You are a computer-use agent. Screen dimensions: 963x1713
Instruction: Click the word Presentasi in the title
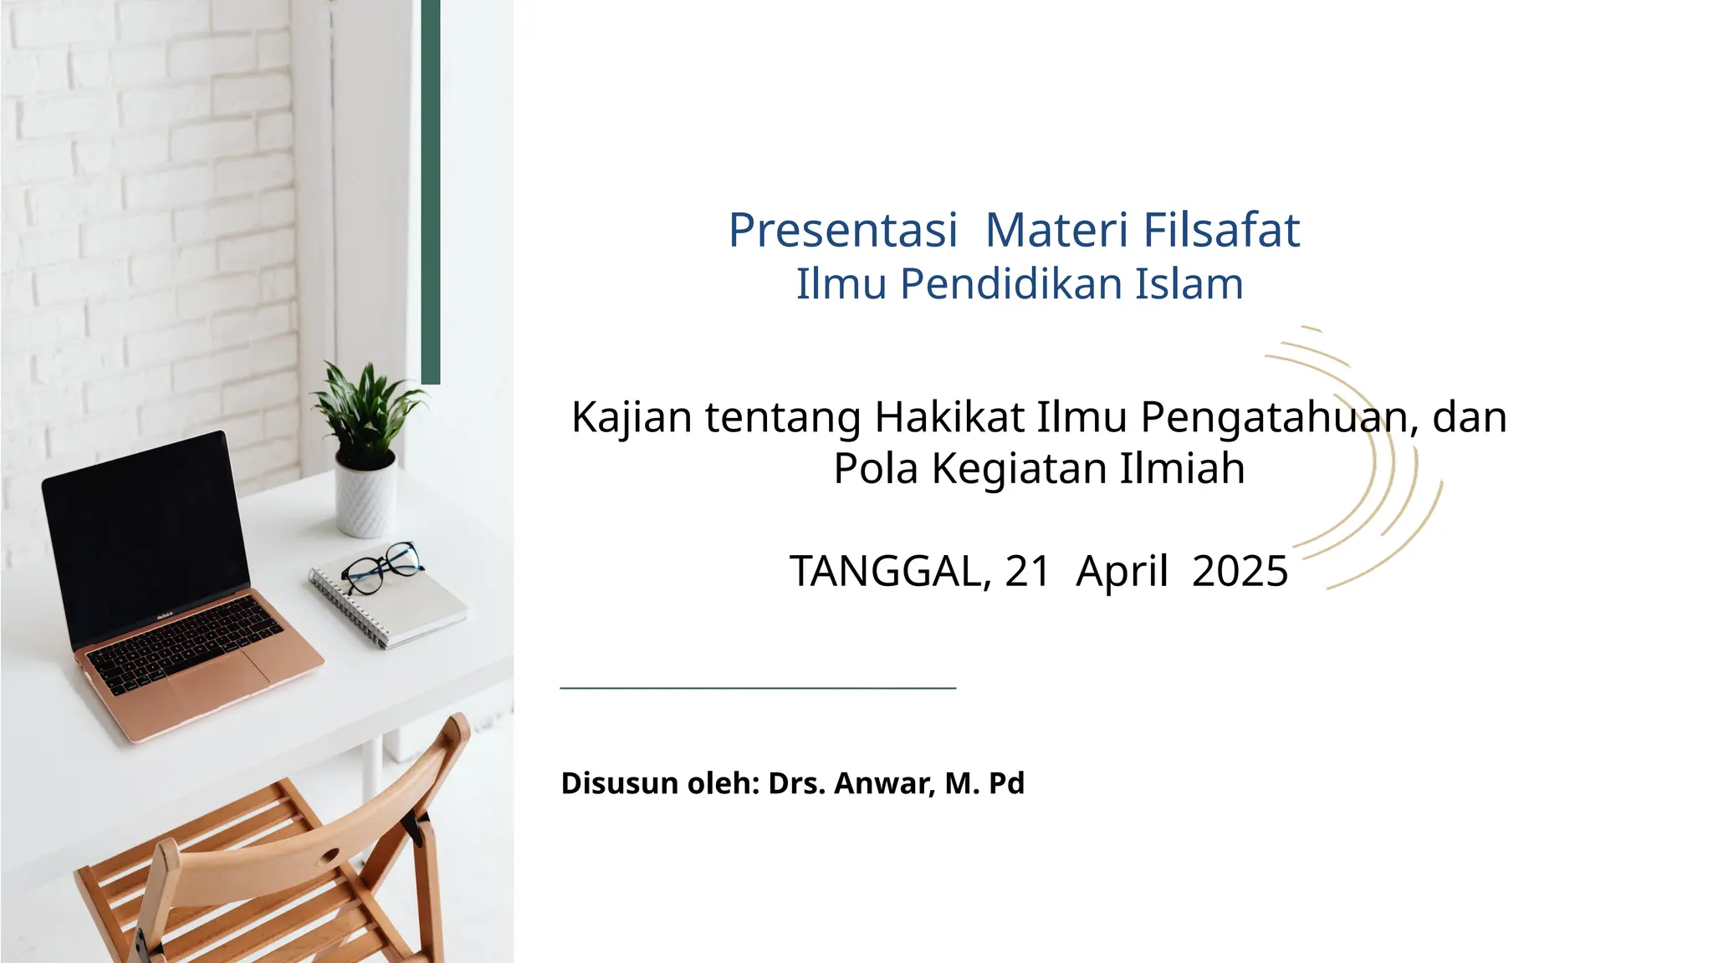tap(842, 230)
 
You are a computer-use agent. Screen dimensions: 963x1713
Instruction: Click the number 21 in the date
tap(1027, 572)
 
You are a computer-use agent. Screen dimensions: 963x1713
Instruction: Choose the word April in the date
tap(1122, 572)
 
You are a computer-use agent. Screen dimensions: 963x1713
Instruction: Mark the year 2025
tap(1240, 572)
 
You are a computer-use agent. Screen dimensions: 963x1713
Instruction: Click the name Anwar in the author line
tap(883, 783)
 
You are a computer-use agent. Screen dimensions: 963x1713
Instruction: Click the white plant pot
tap(366, 498)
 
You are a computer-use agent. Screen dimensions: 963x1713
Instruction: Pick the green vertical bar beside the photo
tap(431, 192)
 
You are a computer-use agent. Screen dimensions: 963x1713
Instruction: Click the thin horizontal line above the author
tap(758, 688)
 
